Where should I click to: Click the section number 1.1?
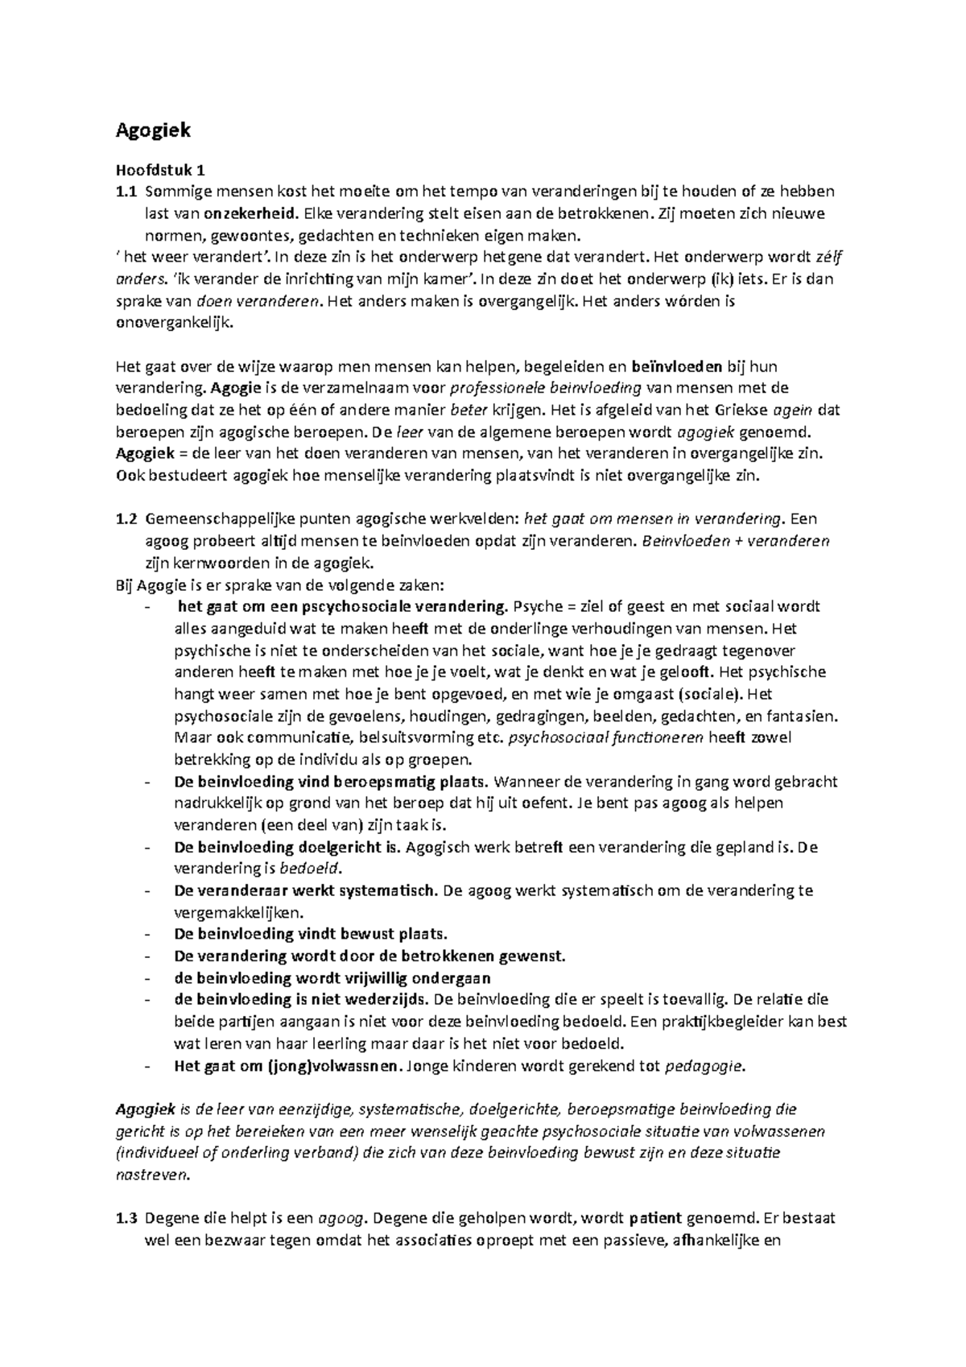(126, 192)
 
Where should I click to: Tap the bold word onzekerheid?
(255, 213)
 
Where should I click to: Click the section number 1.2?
(126, 519)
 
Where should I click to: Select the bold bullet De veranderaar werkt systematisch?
(306, 890)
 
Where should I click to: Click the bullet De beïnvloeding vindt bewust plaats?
(310, 935)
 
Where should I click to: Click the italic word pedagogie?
(705, 1066)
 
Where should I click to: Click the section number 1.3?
(126, 1219)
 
